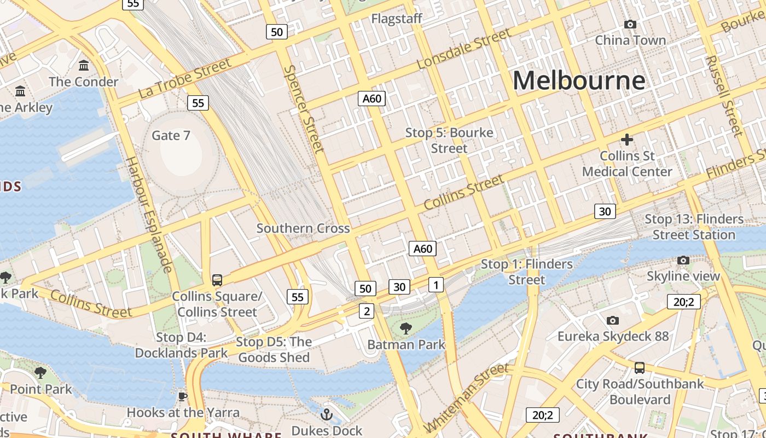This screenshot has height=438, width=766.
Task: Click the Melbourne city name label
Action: click(x=579, y=80)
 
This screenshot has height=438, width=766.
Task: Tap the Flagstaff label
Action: click(x=397, y=19)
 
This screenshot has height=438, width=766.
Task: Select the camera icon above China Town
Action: click(x=630, y=24)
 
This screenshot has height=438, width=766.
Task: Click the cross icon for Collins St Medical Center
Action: click(x=627, y=140)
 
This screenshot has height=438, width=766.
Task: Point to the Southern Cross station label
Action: click(x=303, y=228)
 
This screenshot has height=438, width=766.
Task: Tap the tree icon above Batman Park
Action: click(x=405, y=328)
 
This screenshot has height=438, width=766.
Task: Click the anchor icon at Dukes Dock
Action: click(x=327, y=414)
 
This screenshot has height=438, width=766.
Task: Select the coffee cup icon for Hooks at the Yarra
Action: click(x=183, y=396)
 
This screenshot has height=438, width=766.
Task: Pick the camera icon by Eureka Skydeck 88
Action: click(x=613, y=320)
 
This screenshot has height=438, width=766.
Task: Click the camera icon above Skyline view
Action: click(x=683, y=260)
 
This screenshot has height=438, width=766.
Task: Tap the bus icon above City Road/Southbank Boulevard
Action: click(x=639, y=367)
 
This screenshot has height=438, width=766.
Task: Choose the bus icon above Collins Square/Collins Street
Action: click(x=217, y=280)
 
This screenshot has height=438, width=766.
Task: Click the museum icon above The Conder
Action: click(x=84, y=66)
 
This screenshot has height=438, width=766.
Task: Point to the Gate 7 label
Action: click(x=171, y=135)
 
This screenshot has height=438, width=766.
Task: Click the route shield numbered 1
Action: click(x=436, y=285)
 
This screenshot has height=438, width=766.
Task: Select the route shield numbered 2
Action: click(x=366, y=312)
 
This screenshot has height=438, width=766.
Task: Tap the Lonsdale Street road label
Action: click(x=463, y=49)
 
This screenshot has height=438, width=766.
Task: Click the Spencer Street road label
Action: click(x=304, y=109)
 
